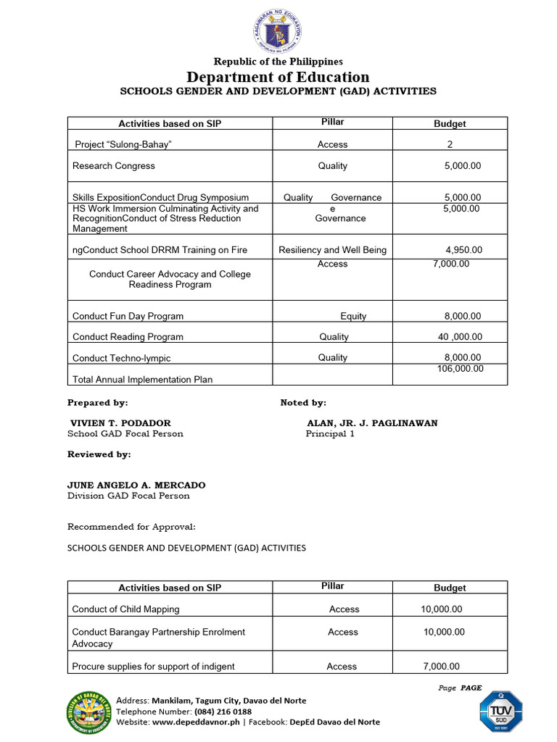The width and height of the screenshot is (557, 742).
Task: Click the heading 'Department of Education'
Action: [x=278, y=77]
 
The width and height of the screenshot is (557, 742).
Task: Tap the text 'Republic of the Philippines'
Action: [x=278, y=62]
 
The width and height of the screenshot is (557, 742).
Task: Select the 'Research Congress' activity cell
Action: [x=114, y=166]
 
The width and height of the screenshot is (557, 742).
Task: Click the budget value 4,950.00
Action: [x=463, y=250]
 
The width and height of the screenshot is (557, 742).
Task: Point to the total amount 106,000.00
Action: [x=461, y=369]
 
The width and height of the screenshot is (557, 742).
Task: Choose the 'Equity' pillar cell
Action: [x=353, y=316]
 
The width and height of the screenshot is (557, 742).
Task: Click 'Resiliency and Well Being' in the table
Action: [x=332, y=250]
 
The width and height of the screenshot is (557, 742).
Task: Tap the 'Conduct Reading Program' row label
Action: [x=128, y=337]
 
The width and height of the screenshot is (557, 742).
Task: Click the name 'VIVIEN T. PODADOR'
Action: [x=120, y=423]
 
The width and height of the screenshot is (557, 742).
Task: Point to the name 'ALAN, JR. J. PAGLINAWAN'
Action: [x=372, y=423]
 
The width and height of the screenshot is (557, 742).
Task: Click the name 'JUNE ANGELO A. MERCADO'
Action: [x=136, y=485]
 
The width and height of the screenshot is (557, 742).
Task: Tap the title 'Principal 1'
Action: [x=330, y=434]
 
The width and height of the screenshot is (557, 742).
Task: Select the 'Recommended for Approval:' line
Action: [x=131, y=527]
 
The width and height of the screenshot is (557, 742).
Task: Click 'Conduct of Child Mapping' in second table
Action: [x=125, y=609]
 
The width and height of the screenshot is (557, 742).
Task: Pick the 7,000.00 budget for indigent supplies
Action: [x=440, y=667]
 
